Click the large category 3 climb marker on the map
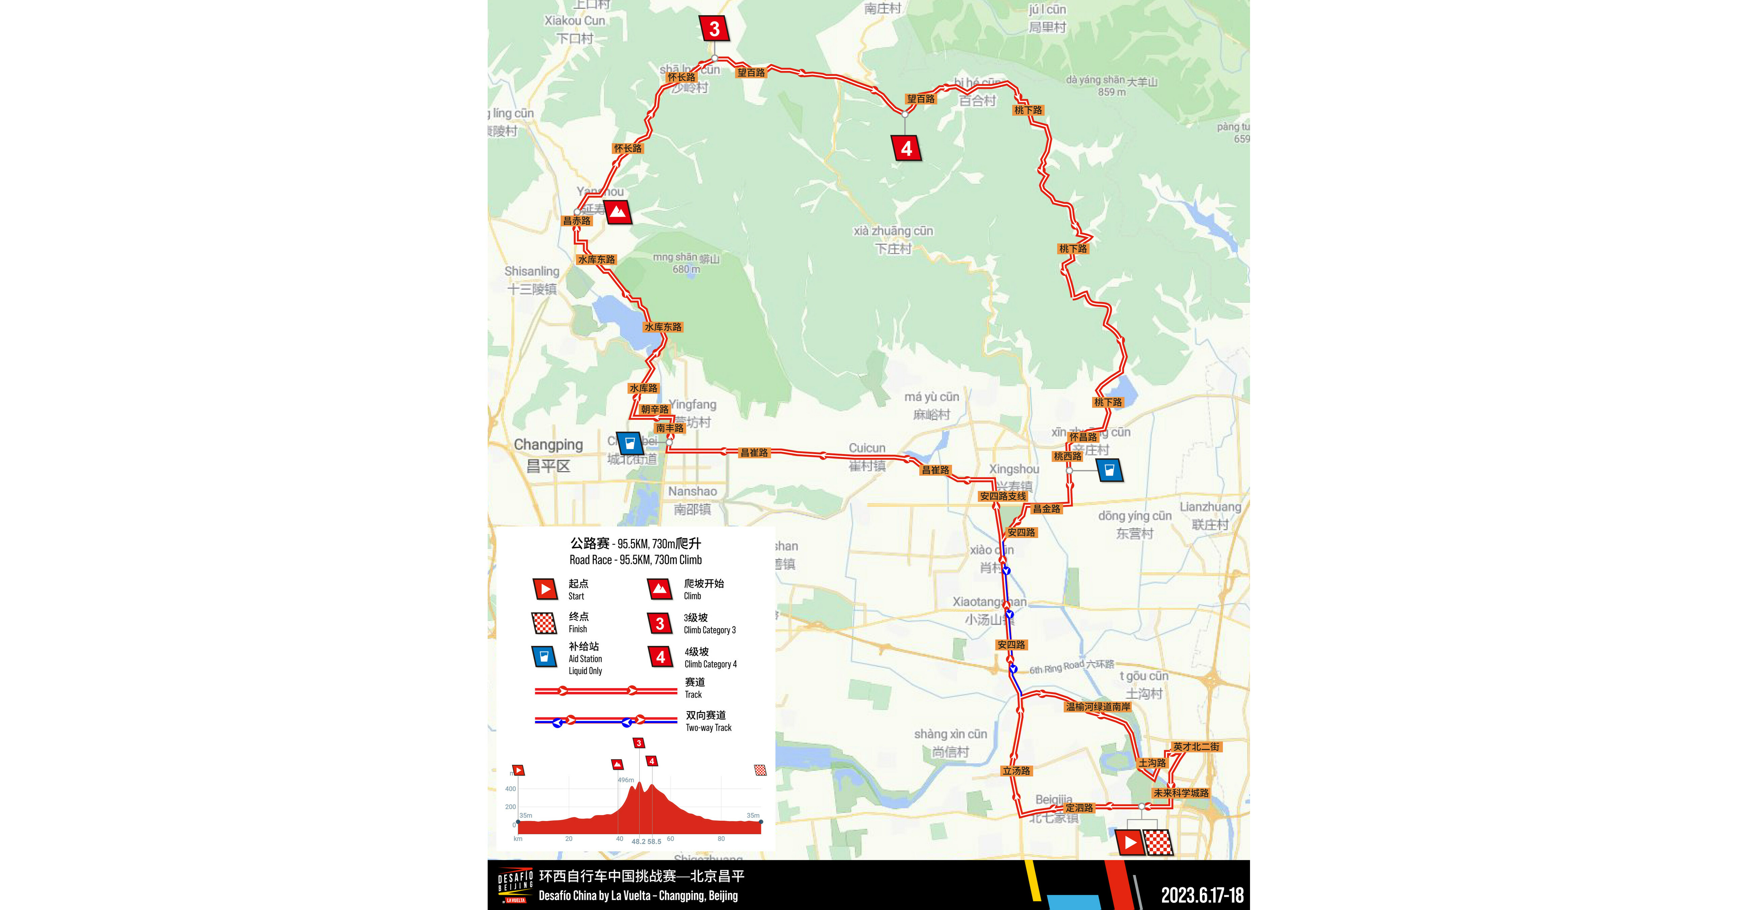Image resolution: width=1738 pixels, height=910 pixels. click(x=714, y=28)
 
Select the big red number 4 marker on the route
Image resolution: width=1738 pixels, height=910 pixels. click(x=906, y=148)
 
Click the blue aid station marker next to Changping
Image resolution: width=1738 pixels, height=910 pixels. click(x=630, y=443)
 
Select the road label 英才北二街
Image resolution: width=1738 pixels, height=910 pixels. click(x=1195, y=747)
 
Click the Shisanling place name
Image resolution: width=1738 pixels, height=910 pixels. click(x=532, y=271)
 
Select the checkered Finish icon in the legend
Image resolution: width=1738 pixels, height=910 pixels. click(x=544, y=623)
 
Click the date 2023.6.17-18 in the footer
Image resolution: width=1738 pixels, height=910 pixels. click(x=1201, y=895)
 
